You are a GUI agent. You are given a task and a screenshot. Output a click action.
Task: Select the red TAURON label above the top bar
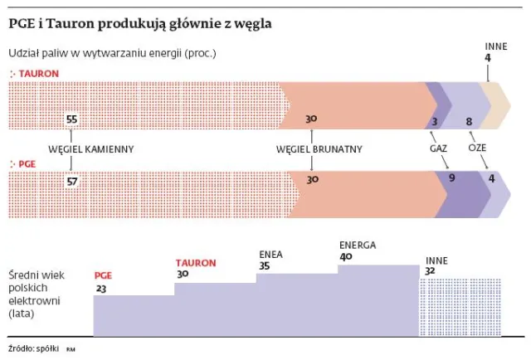[x=37, y=74]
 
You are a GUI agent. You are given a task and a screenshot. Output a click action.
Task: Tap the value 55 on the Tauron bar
[x=71, y=119]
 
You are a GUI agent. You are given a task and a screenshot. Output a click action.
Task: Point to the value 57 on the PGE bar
[x=71, y=180]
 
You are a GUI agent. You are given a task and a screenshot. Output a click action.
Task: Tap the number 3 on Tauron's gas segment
[x=434, y=123]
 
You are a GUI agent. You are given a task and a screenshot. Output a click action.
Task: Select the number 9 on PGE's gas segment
[x=452, y=178]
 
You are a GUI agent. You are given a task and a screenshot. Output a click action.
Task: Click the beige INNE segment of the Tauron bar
[x=500, y=105]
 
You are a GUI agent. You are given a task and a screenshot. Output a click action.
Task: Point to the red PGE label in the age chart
[x=104, y=275]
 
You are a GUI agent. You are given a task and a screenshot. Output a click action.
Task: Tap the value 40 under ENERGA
[x=346, y=257]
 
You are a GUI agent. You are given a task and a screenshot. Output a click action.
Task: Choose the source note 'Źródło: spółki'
[x=33, y=348]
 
